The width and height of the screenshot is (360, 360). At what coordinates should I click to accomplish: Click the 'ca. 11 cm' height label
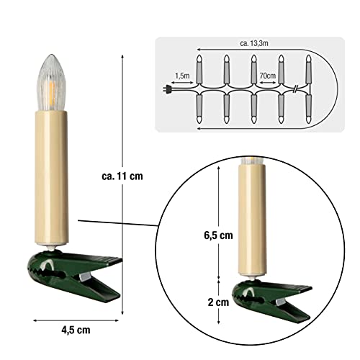coord(122,176)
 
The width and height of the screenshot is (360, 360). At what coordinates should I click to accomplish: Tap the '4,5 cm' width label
coord(76,330)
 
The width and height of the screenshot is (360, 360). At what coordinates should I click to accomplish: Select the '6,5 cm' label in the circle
coord(218,235)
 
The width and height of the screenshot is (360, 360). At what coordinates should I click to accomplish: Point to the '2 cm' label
coord(218,302)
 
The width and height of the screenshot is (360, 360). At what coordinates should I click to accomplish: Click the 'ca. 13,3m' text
coord(254,43)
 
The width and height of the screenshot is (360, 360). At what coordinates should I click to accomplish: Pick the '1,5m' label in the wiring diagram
coord(182,76)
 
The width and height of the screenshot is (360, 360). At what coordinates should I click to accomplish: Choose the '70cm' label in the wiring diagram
coord(268,76)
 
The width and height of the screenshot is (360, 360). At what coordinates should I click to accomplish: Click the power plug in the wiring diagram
coord(167,89)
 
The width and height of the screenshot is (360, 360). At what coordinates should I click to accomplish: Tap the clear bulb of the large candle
coord(51,83)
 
